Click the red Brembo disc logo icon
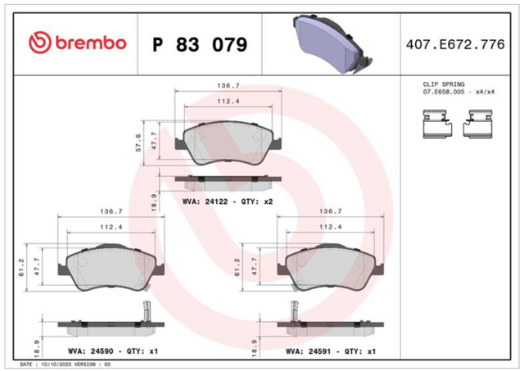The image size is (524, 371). point(40,43)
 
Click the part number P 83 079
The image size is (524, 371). point(200,45)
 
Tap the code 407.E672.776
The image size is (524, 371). point(455,44)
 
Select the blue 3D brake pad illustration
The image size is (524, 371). point(333,43)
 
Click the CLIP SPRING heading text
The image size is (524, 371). point(444,84)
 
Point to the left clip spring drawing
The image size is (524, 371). point(437,124)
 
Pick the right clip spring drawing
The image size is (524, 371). point(477,124)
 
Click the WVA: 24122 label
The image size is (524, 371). point(205,201)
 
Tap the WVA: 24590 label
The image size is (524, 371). point(90,351)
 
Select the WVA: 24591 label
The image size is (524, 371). point(309,351)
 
